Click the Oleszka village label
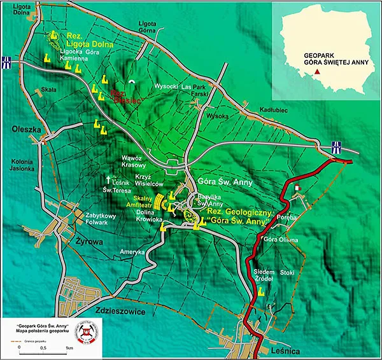click(22, 128)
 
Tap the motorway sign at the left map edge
click(6, 63)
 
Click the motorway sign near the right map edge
click(336, 148)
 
